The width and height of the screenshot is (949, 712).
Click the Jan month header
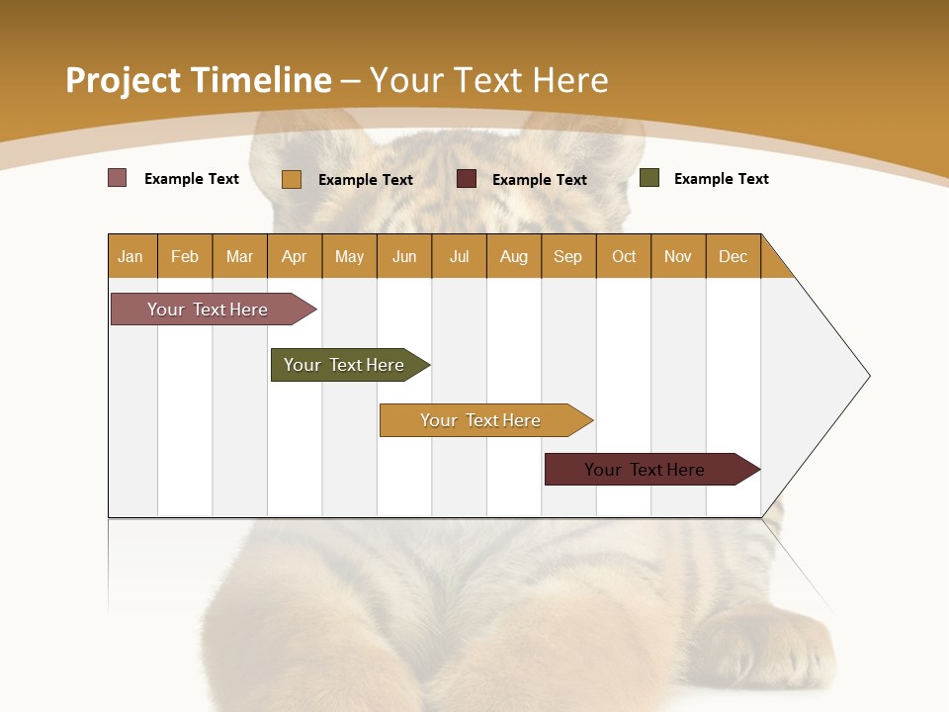coord(131,256)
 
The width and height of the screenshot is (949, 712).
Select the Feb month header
coord(185,256)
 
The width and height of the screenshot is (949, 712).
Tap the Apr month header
coord(295,256)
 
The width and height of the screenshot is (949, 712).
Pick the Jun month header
coord(404,256)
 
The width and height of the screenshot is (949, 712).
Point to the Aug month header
coord(514,256)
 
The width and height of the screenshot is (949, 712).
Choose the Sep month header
coord(568,256)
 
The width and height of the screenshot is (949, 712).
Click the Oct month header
coord(624,256)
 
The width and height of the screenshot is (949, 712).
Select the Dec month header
coord(733,256)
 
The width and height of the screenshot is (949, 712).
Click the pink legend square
coord(118,178)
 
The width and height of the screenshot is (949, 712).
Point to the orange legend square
coord(292,179)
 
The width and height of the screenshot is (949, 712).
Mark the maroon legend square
coord(467,179)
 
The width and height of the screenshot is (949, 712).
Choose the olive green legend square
coord(649,178)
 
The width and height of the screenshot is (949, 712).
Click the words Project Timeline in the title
coord(198,80)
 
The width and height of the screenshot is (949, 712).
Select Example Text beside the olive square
coord(721,179)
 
